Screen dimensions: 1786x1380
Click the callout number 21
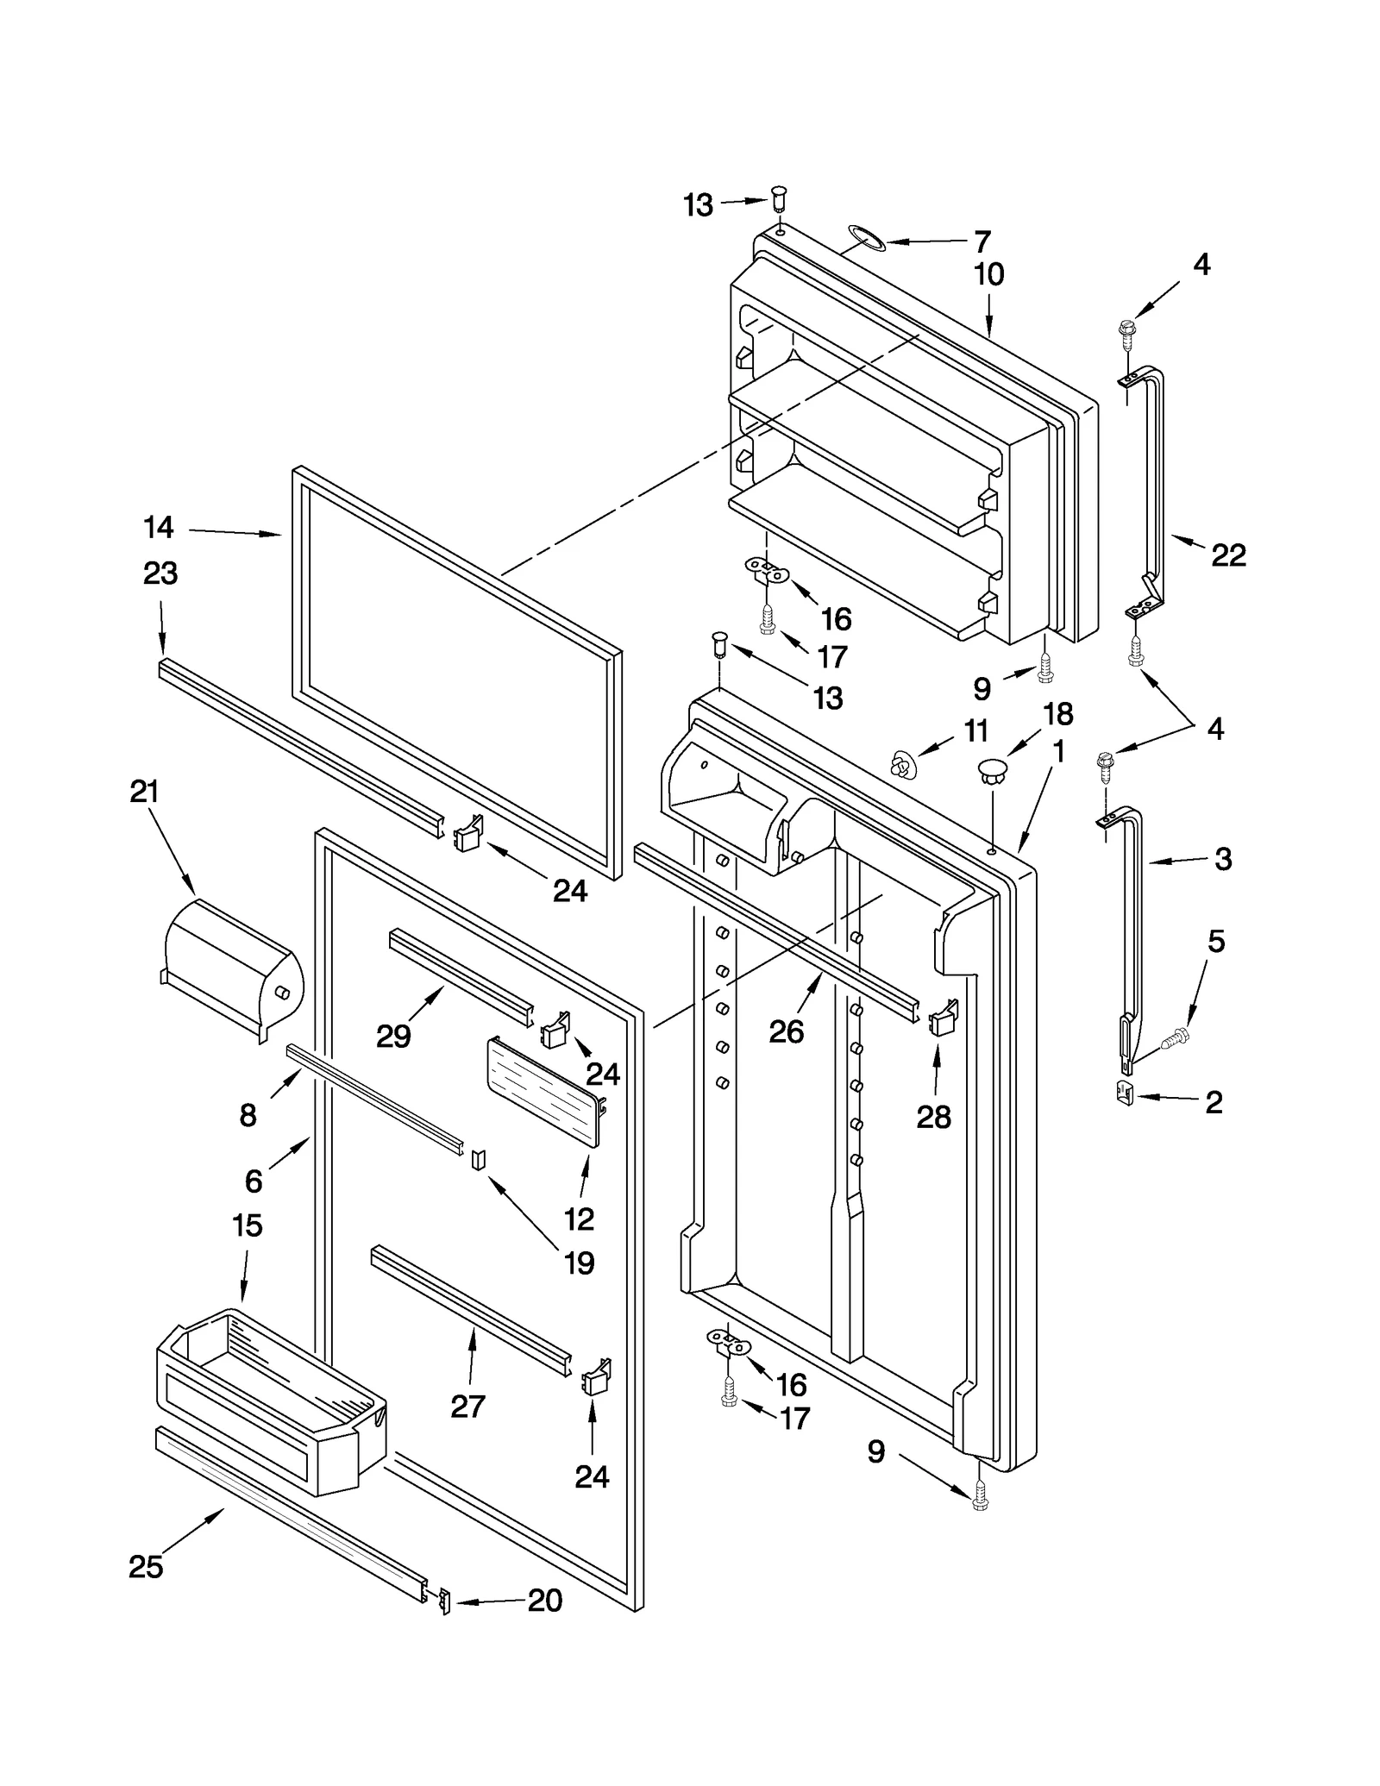pos(144,791)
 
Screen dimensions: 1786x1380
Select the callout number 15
pos(247,1225)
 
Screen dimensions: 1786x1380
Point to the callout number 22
pos(1228,555)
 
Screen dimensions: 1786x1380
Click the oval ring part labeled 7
pos(866,237)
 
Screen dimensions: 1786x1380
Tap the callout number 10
pos(988,274)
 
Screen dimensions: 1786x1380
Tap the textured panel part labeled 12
pos(543,1093)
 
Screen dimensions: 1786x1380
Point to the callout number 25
pos(146,1566)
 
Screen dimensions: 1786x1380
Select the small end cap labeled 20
pos(445,1601)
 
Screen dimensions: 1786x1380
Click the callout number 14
pos(159,527)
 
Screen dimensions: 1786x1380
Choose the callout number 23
pos(160,573)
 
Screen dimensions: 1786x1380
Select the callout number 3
pos(1222,858)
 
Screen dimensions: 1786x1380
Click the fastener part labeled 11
pos(902,763)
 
